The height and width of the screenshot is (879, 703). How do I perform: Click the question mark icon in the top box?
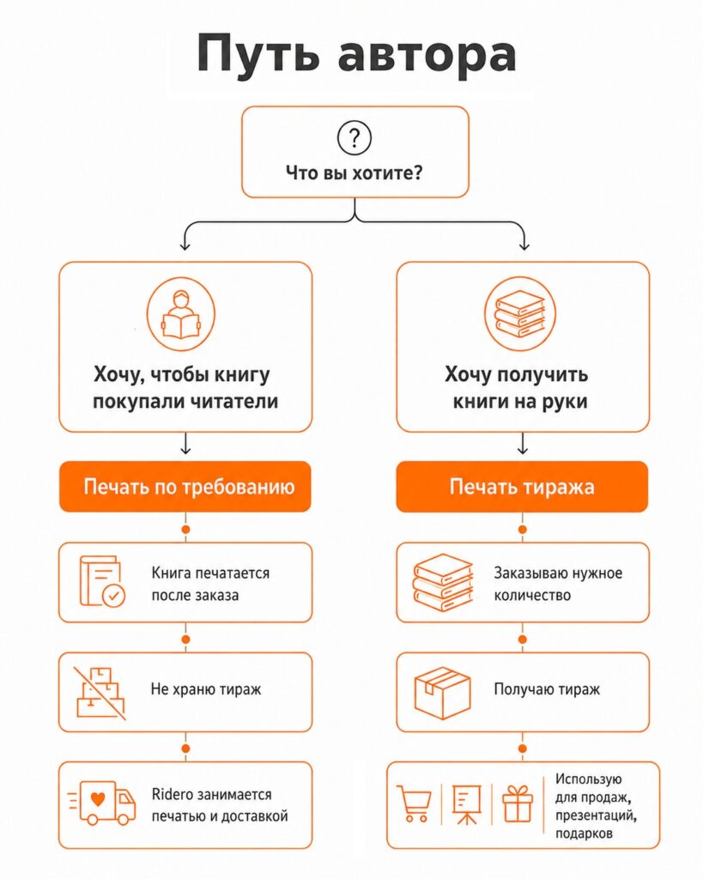click(355, 137)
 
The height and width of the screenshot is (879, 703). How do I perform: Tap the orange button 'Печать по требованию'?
click(185, 487)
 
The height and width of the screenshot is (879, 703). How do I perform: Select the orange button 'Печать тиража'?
click(522, 487)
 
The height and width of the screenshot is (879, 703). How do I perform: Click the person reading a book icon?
click(181, 314)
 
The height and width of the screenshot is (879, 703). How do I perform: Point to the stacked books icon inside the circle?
click(520, 314)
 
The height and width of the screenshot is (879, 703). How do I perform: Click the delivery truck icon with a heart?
click(102, 803)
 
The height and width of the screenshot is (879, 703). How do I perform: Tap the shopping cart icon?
click(415, 803)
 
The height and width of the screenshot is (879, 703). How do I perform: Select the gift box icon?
click(517, 803)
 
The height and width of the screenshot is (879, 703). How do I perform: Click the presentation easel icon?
click(466, 804)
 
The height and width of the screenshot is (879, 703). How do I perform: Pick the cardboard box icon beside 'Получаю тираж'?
click(442, 693)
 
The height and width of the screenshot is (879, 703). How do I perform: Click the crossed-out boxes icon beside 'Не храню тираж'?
click(100, 693)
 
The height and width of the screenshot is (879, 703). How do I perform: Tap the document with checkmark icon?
click(102, 581)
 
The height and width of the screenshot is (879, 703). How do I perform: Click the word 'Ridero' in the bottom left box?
click(169, 794)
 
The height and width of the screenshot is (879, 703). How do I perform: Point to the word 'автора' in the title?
click(427, 55)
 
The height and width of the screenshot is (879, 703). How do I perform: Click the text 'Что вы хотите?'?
click(355, 173)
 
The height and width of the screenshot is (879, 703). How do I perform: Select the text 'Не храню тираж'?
click(206, 689)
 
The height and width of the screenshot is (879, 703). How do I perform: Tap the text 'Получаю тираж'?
click(547, 689)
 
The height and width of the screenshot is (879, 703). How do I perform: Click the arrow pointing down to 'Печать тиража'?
click(523, 443)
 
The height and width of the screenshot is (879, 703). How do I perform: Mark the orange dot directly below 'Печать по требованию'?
click(185, 529)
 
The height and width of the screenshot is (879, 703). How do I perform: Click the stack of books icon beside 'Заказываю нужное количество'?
click(443, 582)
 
